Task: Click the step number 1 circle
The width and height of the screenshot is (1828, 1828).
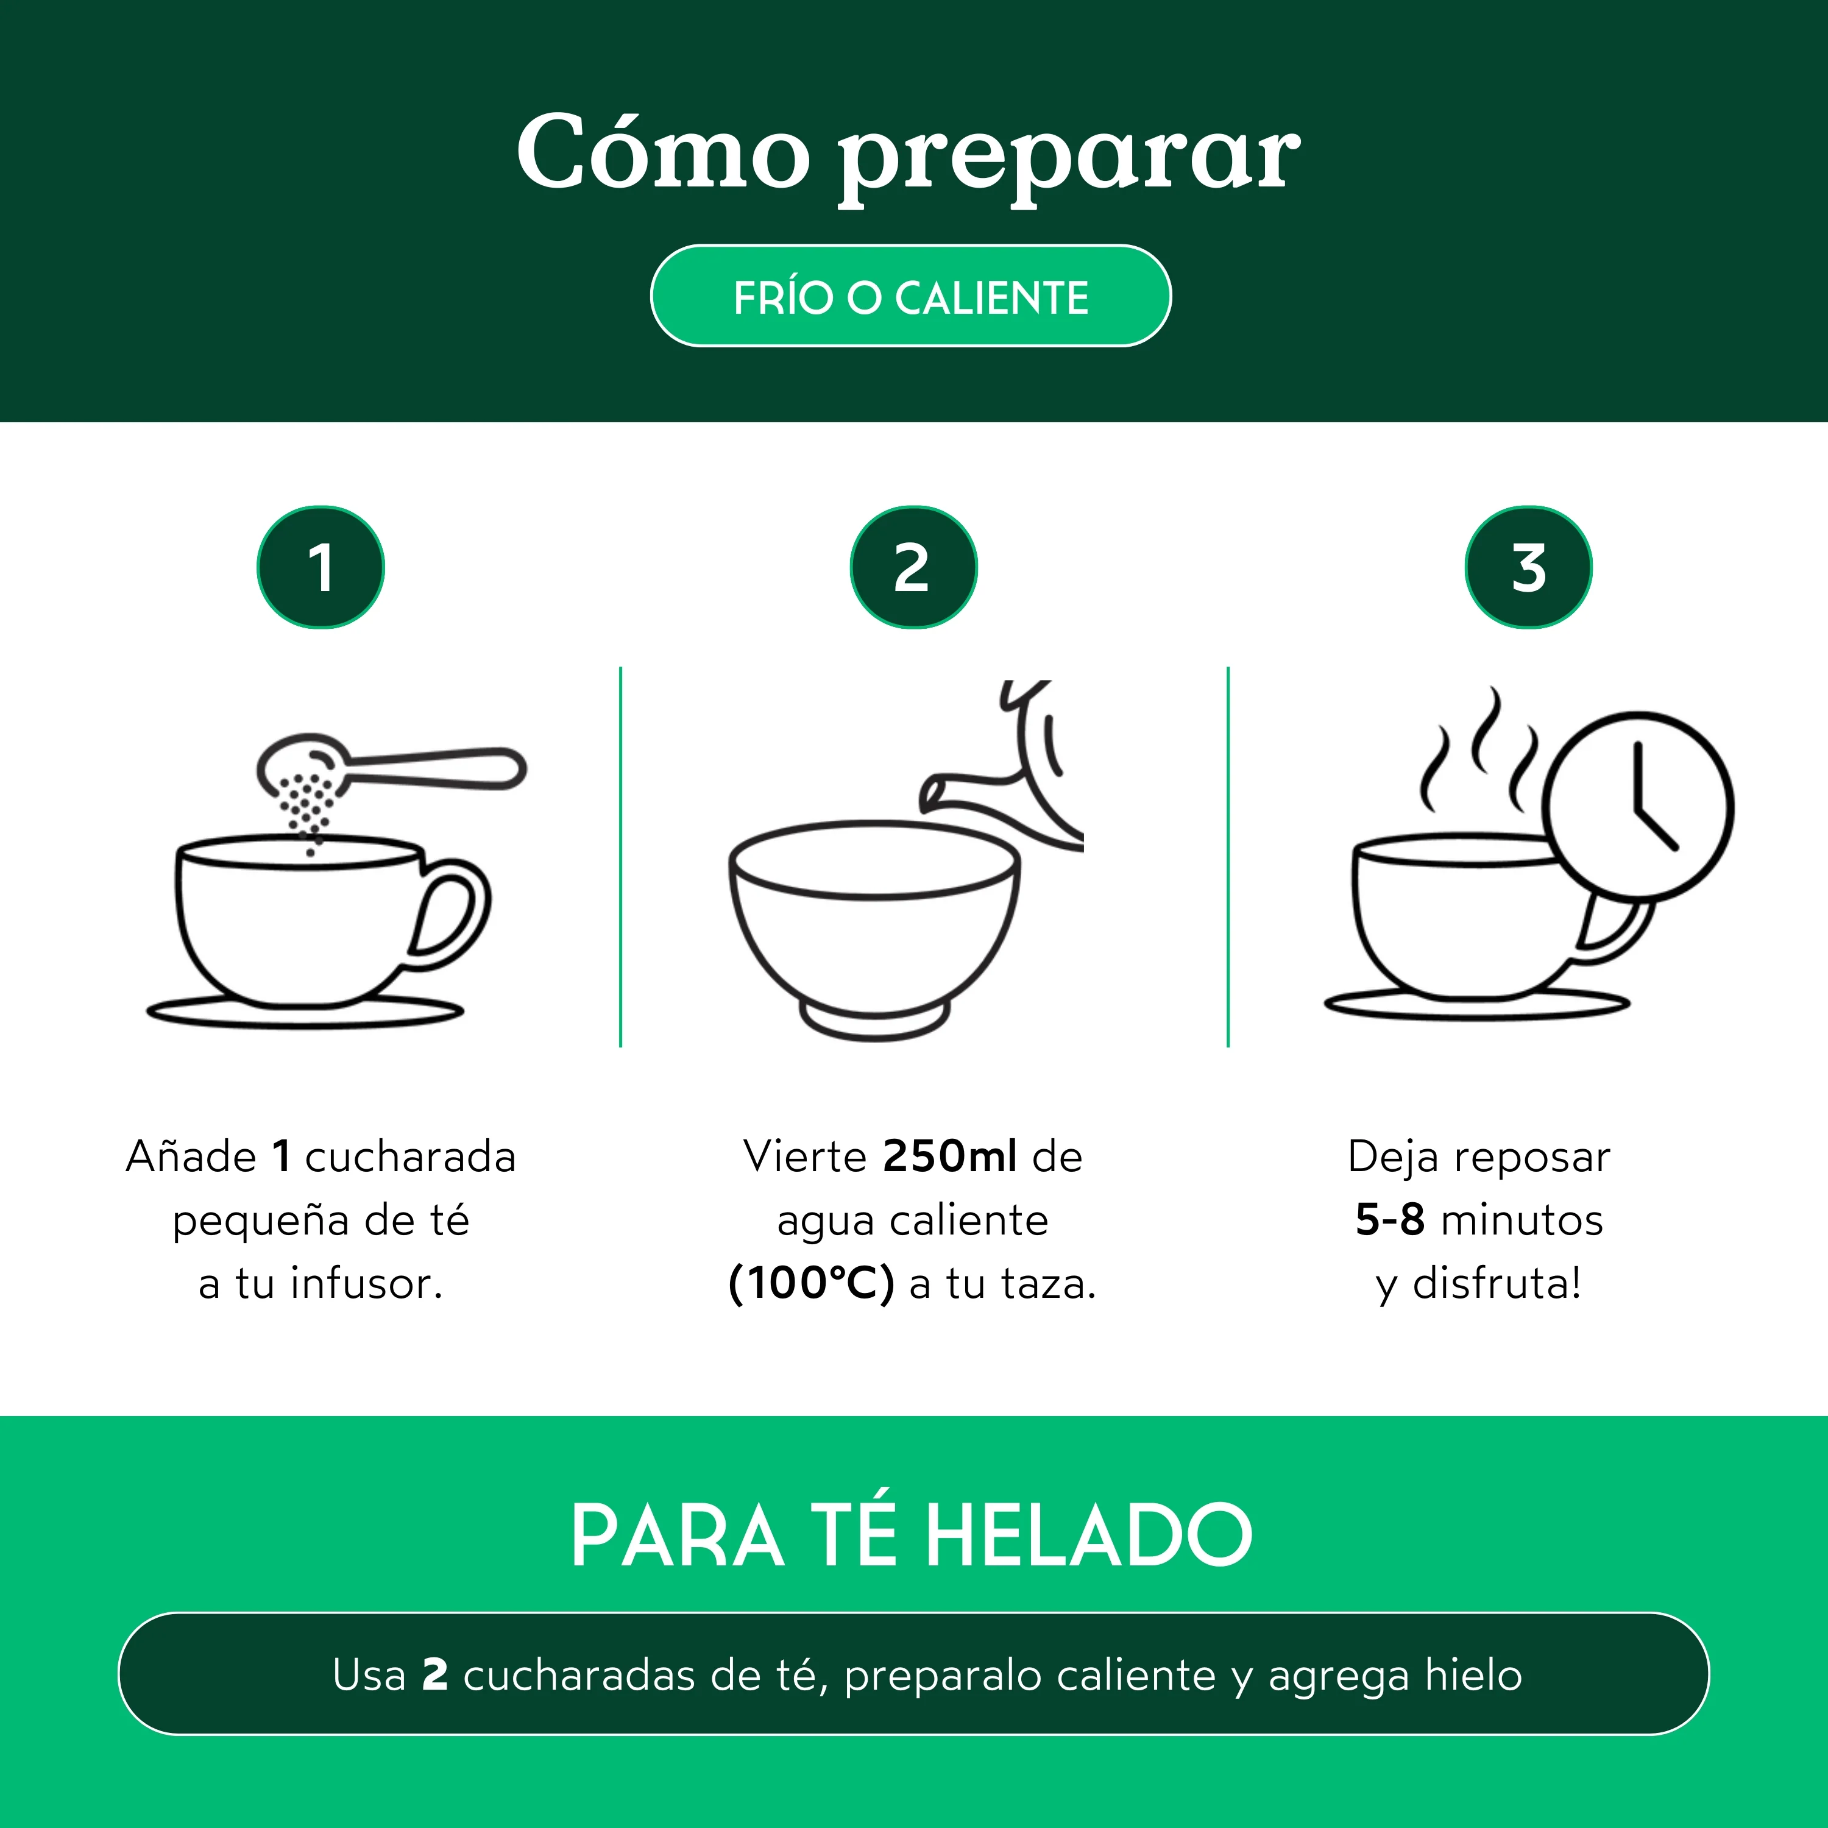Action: coord(321,568)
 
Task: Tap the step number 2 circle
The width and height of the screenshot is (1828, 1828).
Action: coord(913,568)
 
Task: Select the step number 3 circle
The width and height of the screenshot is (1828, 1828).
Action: coord(1528,568)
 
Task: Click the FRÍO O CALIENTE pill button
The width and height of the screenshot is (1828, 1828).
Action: coord(911,296)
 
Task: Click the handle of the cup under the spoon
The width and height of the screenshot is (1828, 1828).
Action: coord(452,913)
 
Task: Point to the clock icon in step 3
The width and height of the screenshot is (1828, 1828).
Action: coord(1638,805)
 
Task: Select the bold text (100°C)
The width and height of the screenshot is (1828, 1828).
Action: coord(811,1284)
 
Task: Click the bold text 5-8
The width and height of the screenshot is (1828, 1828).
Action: coord(1390,1220)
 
